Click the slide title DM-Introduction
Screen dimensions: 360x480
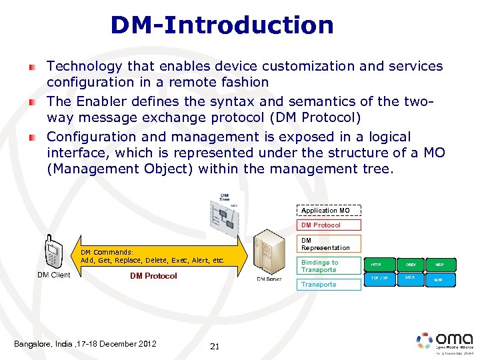(222, 25)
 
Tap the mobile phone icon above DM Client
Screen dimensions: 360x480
(53, 253)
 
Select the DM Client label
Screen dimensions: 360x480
(53, 275)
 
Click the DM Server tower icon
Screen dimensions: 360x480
(269, 253)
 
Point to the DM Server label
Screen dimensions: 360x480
(270, 279)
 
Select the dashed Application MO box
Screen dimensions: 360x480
(329, 211)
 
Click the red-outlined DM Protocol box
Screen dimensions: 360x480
(329, 225)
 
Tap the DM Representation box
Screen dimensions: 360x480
(329, 244)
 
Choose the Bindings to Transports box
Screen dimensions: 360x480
(329, 266)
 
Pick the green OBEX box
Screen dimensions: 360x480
(410, 265)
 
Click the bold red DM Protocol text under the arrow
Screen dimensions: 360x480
(153, 276)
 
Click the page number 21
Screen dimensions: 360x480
(215, 346)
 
